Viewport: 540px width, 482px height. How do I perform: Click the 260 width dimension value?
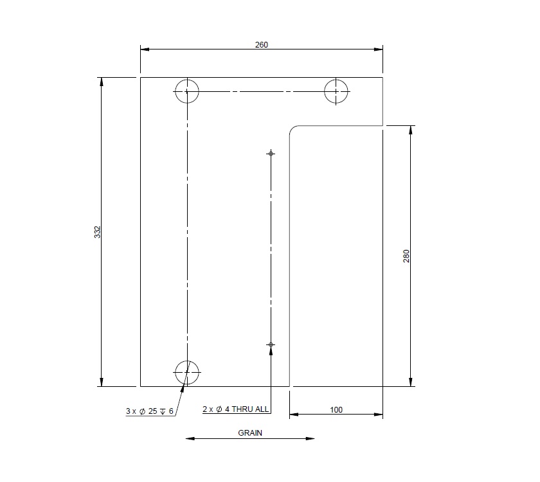tap(261, 44)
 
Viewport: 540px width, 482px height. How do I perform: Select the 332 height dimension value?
tap(98, 232)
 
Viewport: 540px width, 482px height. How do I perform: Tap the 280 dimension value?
tap(406, 256)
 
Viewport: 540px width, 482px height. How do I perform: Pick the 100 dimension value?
tap(336, 409)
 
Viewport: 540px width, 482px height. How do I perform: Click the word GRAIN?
tap(250, 433)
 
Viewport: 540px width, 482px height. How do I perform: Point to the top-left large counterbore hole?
tap(187, 92)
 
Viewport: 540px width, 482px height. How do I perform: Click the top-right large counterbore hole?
tap(337, 91)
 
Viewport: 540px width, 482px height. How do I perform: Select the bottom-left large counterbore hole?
tap(187, 371)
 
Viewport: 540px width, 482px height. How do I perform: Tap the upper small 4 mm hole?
tap(271, 153)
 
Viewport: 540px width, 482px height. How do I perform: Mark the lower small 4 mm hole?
tap(271, 345)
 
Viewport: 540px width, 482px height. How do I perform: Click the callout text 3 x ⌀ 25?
tap(143, 411)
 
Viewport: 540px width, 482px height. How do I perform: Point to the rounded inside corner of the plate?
tap(293, 130)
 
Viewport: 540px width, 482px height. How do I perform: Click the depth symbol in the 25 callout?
tap(163, 411)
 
